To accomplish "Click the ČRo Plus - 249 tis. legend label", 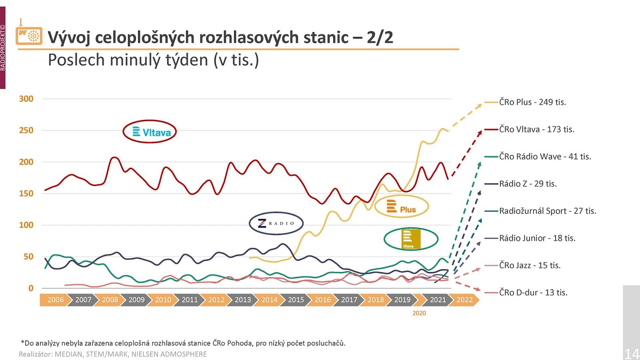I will [532, 102].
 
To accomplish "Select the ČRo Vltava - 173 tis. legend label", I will [536, 129].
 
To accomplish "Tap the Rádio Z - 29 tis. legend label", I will [528, 184].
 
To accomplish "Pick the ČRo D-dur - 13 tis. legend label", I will [533, 292].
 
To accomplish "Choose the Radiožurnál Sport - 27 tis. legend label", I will [547, 211].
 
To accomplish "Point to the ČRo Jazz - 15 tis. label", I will [530, 265].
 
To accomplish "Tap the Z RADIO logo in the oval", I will [276, 223].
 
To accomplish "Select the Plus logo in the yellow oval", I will [402, 206].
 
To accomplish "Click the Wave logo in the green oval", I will [411, 239].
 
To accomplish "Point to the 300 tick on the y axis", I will [26, 99].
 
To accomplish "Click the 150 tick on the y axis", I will [26, 193].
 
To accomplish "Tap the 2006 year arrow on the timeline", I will [55, 300].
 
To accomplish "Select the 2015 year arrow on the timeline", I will [296, 300].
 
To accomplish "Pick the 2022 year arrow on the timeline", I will [464, 300].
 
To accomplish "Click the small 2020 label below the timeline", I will [419, 313].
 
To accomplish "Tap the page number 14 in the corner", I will [632, 354].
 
